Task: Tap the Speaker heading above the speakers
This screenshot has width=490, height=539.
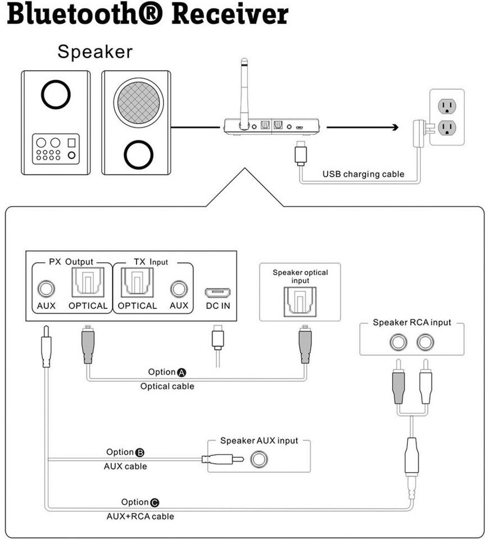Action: pyautogui.click(x=95, y=52)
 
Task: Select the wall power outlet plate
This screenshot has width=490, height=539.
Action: pyautogui.click(x=447, y=117)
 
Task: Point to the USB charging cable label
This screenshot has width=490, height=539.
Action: pyautogui.click(x=363, y=174)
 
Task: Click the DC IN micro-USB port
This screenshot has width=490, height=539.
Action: pyautogui.click(x=218, y=293)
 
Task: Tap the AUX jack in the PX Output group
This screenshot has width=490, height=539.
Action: pyautogui.click(x=46, y=289)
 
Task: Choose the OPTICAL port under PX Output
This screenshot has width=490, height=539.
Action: pyautogui.click(x=88, y=283)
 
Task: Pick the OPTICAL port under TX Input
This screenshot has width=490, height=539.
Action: pyautogui.click(x=137, y=283)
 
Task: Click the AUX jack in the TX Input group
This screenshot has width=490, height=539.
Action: pyautogui.click(x=179, y=289)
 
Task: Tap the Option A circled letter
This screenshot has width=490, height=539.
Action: pyautogui.click(x=182, y=372)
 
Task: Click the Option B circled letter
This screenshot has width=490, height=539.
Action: pyautogui.click(x=140, y=453)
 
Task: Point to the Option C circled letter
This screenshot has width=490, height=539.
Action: pyautogui.click(x=155, y=503)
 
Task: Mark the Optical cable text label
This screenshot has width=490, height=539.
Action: pyautogui.click(x=167, y=386)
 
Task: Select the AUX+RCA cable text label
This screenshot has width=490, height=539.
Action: pyautogui.click(x=140, y=516)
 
